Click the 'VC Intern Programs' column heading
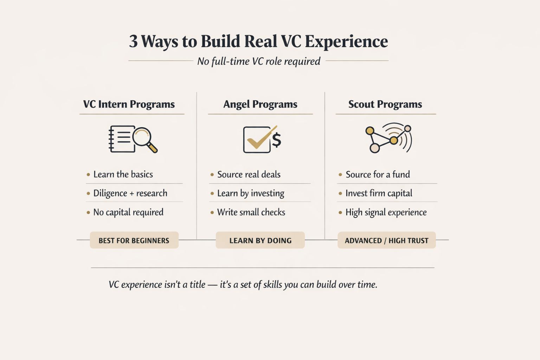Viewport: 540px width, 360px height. pyautogui.click(x=129, y=104)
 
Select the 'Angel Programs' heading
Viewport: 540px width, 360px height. pyautogui.click(x=260, y=104)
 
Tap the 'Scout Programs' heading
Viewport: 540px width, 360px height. pyautogui.click(x=385, y=104)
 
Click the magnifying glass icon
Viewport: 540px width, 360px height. pyautogui.click(x=144, y=139)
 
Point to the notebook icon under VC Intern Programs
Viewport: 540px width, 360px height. pyautogui.click(x=121, y=139)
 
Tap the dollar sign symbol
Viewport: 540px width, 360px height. pyautogui.click(x=277, y=140)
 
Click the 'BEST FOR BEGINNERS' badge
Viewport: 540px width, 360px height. pyautogui.click(x=134, y=240)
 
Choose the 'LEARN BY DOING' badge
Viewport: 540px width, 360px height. pyautogui.click(x=260, y=240)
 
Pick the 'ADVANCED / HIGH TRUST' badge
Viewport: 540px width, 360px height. pyautogui.click(x=386, y=240)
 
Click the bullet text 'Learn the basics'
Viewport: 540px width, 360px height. pyautogui.click(x=123, y=174)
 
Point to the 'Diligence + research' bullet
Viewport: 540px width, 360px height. pyautogui.click(x=130, y=193)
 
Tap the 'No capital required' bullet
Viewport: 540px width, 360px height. pyautogui.click(x=128, y=212)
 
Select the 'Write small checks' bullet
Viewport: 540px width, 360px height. pyautogui.click(x=251, y=212)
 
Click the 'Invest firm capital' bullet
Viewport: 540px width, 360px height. pyautogui.click(x=379, y=193)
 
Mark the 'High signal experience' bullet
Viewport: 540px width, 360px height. pyautogui.click(x=386, y=212)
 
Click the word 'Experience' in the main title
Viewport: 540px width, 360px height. pyautogui.click(x=346, y=41)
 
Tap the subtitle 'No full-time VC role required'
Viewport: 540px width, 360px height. pyautogui.click(x=258, y=61)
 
